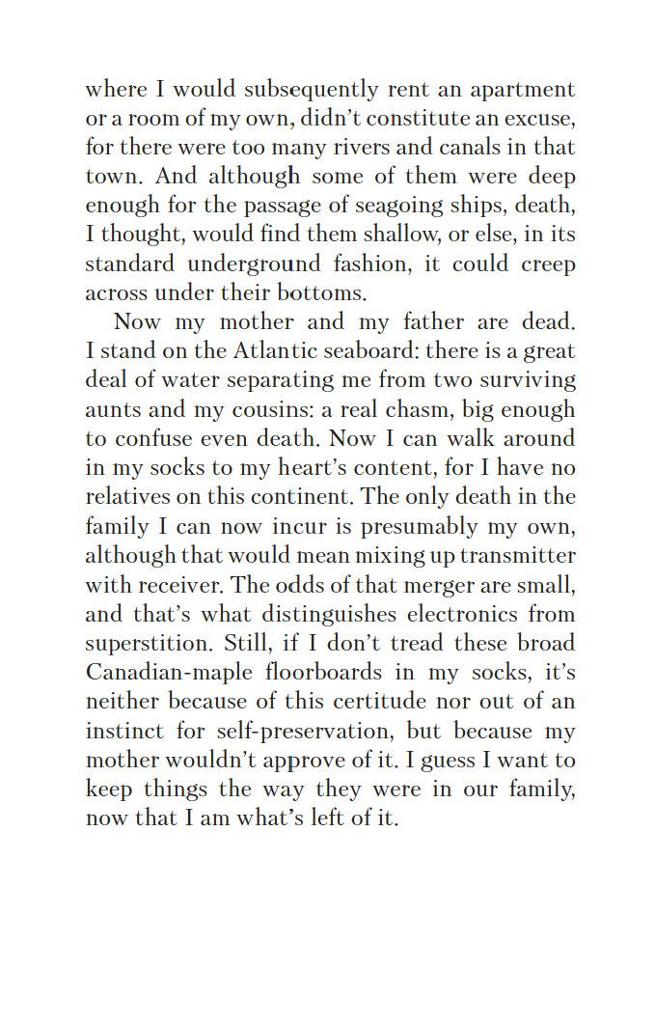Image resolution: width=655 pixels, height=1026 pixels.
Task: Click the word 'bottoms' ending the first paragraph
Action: point(322,292)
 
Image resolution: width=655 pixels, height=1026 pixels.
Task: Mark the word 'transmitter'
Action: point(518,555)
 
